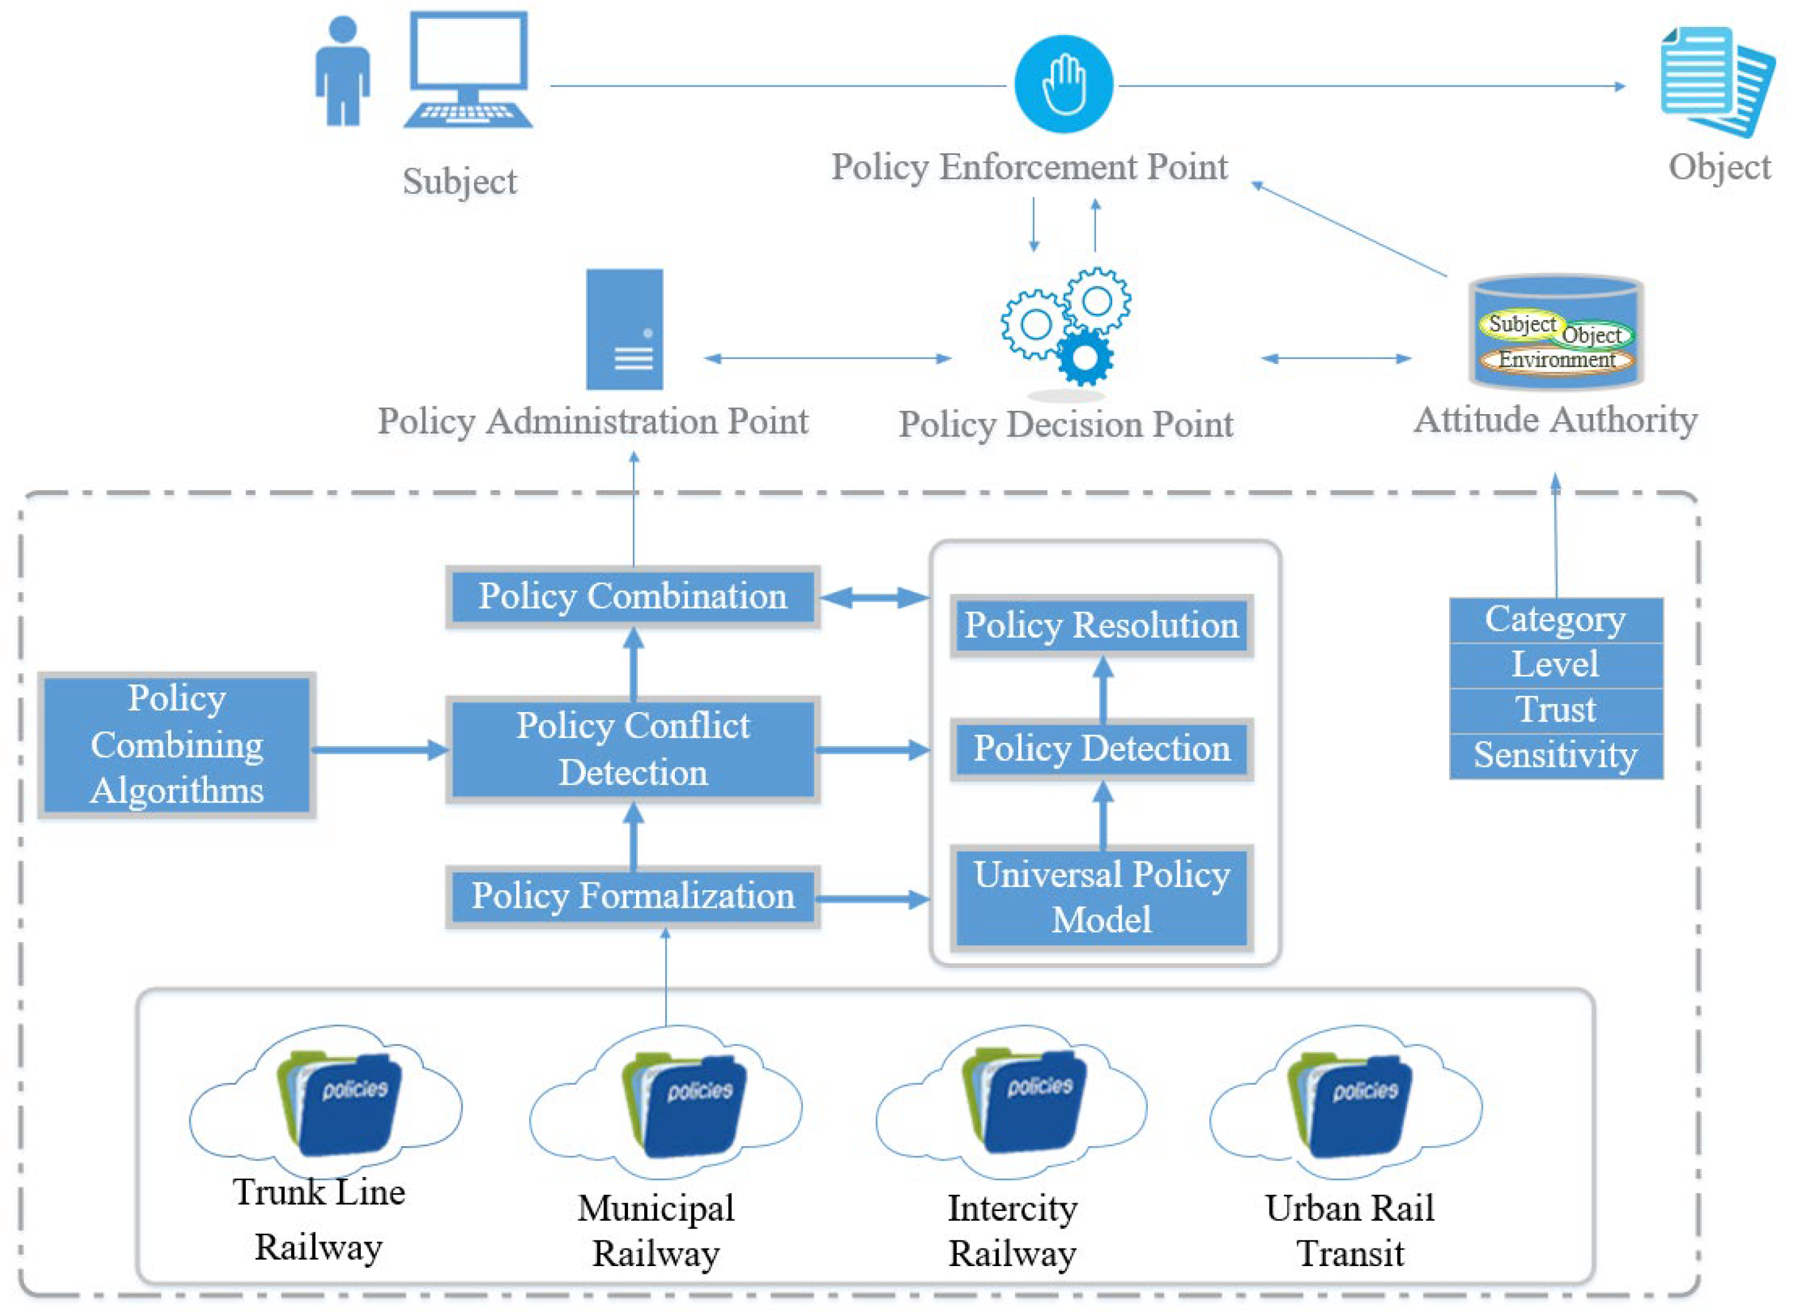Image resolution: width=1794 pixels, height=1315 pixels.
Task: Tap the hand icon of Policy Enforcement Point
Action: [x=1063, y=83]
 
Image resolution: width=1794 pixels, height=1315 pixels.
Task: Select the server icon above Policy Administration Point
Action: [x=625, y=329]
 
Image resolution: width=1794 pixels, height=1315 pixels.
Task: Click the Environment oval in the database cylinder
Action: [x=1556, y=359]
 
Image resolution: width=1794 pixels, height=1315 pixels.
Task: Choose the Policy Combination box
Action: [x=633, y=596]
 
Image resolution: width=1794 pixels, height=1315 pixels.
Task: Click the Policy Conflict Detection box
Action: [x=633, y=749]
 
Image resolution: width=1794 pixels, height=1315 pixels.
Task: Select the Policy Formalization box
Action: [x=633, y=897]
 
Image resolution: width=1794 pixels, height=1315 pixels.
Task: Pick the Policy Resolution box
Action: [x=1101, y=626]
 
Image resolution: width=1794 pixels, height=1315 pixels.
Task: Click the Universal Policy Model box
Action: [x=1101, y=897]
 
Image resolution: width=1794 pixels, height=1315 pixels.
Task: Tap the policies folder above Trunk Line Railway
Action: [x=341, y=1104]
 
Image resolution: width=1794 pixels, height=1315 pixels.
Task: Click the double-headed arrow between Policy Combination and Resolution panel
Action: [x=874, y=598]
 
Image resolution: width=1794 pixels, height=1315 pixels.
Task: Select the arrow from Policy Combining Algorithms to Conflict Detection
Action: [x=381, y=750]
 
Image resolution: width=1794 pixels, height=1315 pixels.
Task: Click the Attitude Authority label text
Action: [x=1555, y=420]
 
